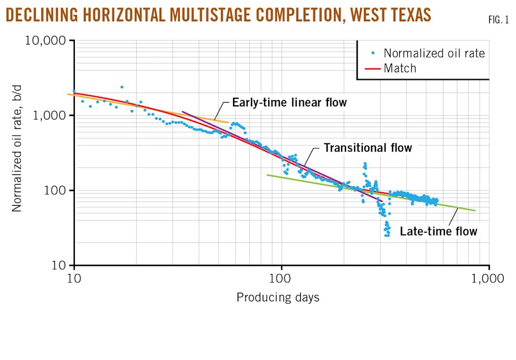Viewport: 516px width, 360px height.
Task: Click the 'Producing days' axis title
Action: point(278,298)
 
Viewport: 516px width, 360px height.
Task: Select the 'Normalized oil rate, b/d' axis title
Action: point(17,154)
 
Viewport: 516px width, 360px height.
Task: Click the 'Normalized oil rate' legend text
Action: point(434,53)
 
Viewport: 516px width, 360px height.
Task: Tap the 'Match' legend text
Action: point(400,68)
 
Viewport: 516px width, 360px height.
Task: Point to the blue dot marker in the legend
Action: point(373,53)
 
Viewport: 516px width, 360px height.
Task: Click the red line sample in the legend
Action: point(373,68)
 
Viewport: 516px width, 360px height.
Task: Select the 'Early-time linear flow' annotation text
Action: point(289,103)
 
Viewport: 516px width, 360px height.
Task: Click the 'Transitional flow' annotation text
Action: point(368,148)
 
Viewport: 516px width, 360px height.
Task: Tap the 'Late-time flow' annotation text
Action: point(438,231)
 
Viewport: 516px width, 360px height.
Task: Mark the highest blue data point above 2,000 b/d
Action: point(122,87)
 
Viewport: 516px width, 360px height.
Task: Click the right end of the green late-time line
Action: point(475,211)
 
